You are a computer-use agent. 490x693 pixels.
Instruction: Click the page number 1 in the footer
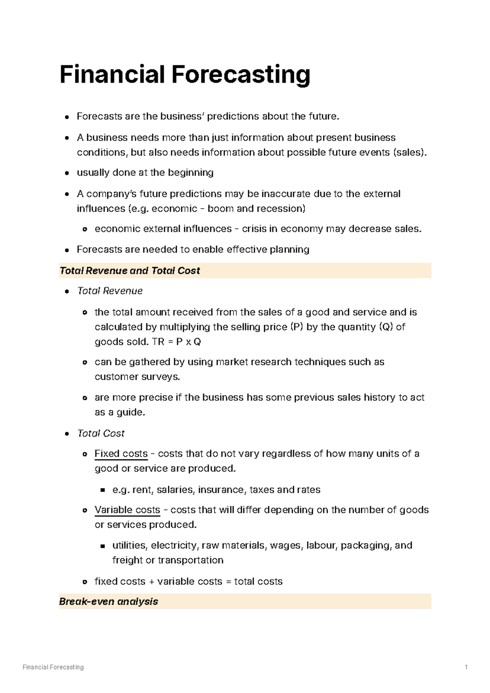466,667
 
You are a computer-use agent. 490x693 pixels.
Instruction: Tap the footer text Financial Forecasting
53,667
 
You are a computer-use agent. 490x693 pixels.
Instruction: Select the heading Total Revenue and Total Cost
129,271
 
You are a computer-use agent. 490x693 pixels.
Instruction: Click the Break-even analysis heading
108,602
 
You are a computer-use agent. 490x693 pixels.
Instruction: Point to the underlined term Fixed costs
121,454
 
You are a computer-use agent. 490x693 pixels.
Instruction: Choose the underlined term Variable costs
127,510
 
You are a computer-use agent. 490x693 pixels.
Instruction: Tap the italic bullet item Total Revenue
110,291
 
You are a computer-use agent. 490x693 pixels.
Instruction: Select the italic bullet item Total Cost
101,433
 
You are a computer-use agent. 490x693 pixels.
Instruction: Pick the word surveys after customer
160,377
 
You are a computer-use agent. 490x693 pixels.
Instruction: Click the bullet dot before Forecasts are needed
67,250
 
